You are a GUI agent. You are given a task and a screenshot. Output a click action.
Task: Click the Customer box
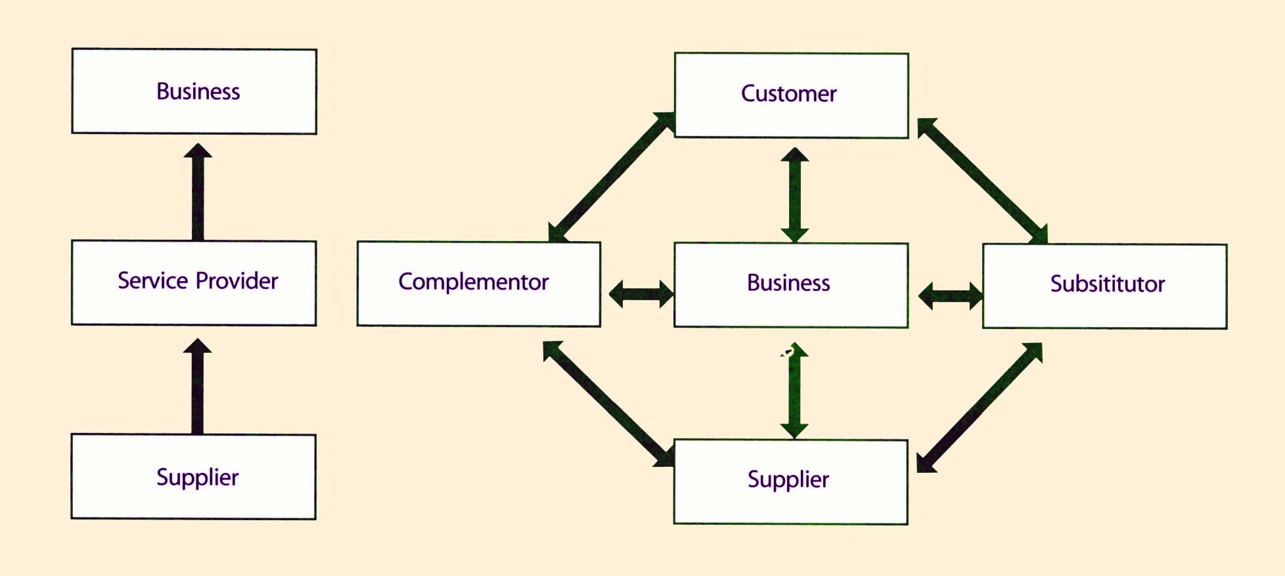coord(791,95)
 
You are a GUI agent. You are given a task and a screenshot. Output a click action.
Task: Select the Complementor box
coord(478,284)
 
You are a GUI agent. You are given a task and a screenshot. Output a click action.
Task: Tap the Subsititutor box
coord(1104,286)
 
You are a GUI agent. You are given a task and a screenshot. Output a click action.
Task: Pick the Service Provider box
coord(194,282)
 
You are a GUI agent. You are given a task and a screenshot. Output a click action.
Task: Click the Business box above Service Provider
coord(194,91)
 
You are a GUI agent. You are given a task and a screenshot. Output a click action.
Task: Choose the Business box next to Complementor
coord(791,284)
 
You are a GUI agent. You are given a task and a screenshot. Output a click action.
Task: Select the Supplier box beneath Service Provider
coord(194,477)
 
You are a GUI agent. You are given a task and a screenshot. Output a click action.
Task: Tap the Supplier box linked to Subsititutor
coord(791,481)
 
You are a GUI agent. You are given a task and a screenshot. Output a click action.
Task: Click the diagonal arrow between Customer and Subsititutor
coord(982,181)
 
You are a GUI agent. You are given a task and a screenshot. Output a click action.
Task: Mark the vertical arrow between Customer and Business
coord(794,195)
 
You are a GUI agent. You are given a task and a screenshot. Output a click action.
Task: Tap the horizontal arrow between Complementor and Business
coord(641,294)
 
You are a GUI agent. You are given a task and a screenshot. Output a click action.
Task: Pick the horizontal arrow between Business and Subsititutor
coord(950,296)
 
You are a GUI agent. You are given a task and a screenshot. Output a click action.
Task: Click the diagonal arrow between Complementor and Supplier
coord(608,403)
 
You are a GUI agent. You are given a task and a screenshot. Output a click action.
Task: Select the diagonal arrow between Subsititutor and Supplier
coord(980,407)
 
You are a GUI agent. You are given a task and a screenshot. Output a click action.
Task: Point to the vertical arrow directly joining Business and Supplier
coord(794,390)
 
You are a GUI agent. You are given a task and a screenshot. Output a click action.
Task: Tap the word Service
coord(153,280)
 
